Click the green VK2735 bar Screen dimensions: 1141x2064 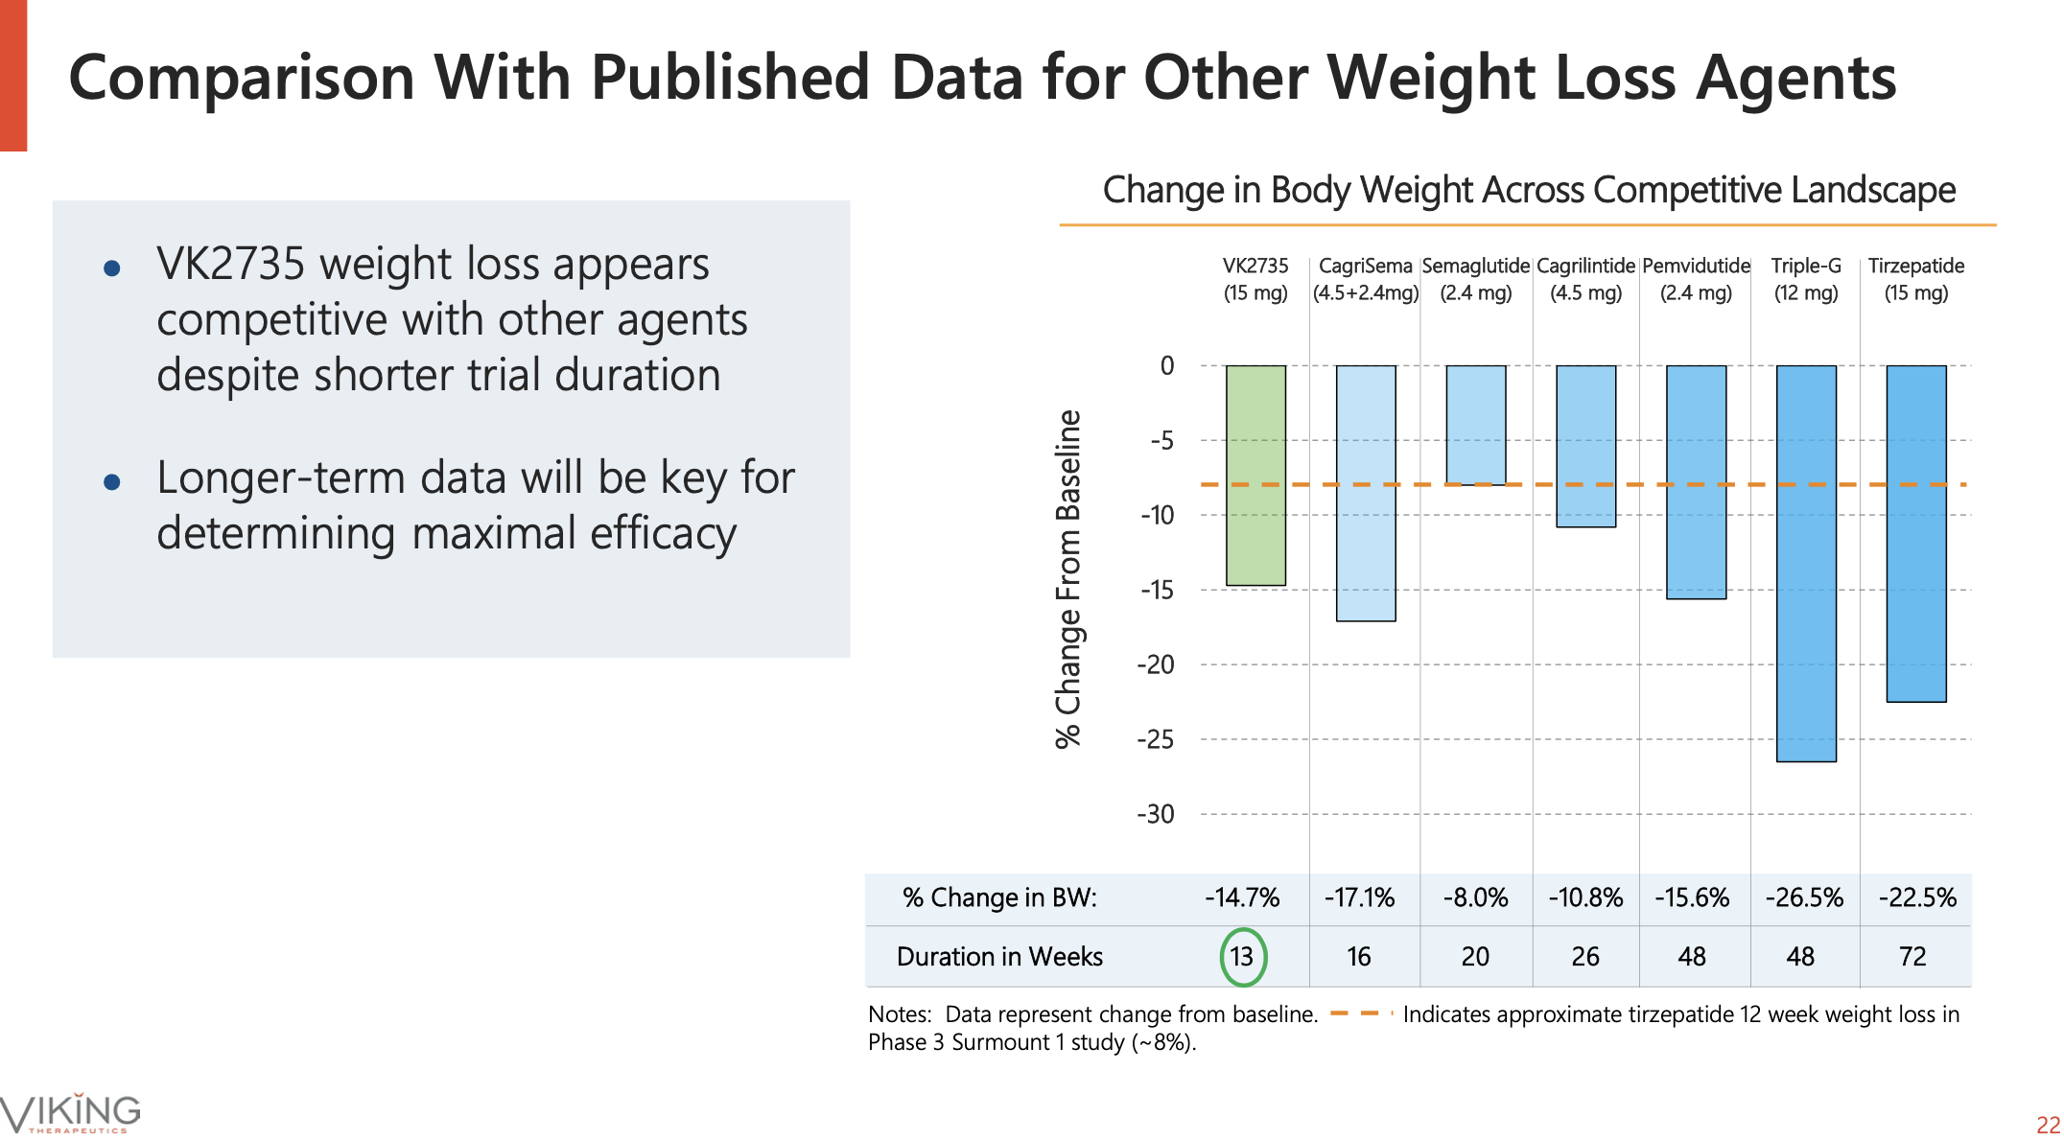click(1255, 475)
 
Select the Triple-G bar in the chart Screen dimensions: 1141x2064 click(1806, 563)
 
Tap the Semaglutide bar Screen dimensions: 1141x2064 click(1475, 425)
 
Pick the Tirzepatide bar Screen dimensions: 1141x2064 click(1915, 533)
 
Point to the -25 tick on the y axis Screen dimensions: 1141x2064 click(1156, 739)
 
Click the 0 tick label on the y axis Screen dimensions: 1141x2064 click(1166, 365)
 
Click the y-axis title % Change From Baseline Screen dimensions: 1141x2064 click(1068, 578)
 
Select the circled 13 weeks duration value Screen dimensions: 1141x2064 click(1243, 956)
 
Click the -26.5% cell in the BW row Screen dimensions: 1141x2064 click(1804, 897)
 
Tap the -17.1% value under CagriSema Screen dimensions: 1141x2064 click(1359, 897)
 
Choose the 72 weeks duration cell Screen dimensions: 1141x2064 click(1912, 956)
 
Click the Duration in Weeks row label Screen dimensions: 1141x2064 click(999, 956)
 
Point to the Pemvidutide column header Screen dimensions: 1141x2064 click(1696, 279)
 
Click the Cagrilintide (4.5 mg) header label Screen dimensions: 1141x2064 click(1585, 279)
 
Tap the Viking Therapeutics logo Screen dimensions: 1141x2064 click(71, 1113)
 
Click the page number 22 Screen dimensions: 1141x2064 click(2048, 1125)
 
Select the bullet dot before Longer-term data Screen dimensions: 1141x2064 click(112, 481)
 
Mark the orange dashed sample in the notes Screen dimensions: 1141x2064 click(1355, 1013)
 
